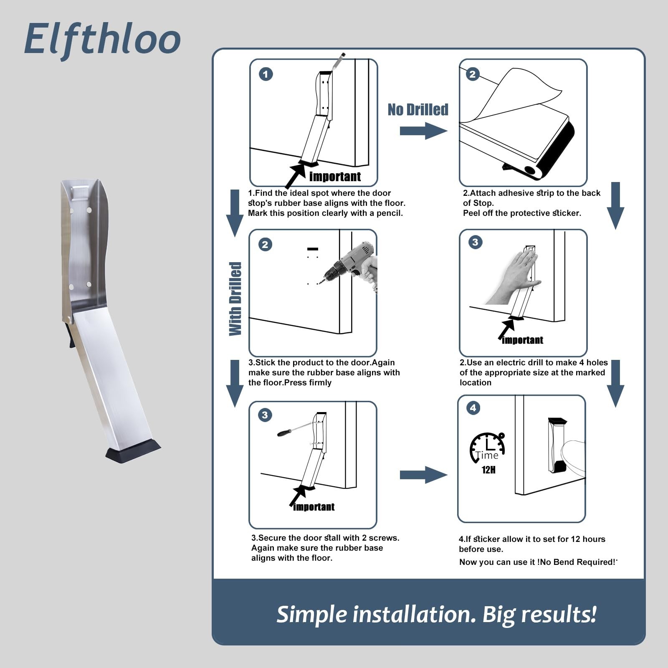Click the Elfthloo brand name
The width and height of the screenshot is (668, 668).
click(102, 39)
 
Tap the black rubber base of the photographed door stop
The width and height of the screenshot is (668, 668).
click(133, 450)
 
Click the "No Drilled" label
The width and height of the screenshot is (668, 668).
click(418, 109)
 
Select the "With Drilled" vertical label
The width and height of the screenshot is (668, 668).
click(235, 299)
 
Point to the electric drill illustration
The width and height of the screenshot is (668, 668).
click(351, 265)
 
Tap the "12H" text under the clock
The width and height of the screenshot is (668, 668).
click(488, 470)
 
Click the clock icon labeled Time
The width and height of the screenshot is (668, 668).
click(488, 447)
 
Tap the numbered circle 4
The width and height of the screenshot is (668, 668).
click(473, 408)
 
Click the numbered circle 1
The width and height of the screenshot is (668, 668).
click(266, 74)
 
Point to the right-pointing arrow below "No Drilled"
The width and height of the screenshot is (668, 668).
click(423, 131)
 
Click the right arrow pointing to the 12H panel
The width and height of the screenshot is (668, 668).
click(423, 475)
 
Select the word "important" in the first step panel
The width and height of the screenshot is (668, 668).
click(335, 177)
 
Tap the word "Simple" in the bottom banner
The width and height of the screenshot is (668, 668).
click(312, 615)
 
